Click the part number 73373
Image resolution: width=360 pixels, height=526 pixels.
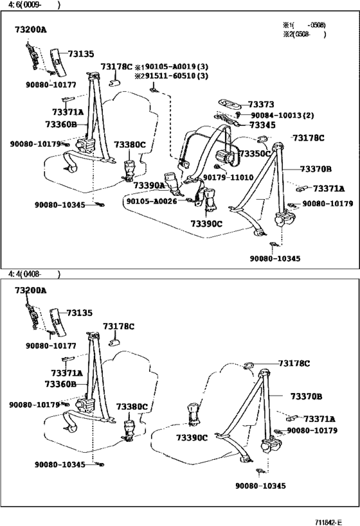[x=261, y=104]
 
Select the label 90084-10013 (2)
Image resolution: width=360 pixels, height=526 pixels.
[x=282, y=116]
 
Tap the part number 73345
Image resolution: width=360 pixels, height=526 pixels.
[x=262, y=125]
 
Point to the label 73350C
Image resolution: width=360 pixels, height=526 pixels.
[x=255, y=153]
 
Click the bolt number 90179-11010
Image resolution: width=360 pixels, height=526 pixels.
[x=228, y=177]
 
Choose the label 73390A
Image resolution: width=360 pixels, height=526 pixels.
[x=149, y=185]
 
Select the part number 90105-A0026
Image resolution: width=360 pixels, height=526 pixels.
[x=152, y=201]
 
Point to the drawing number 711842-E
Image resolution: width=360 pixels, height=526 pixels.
[x=328, y=522]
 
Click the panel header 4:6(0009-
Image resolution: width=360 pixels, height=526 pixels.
[x=33, y=5]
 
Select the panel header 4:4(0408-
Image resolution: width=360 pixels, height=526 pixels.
[x=33, y=274]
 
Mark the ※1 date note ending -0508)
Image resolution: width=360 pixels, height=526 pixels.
[x=304, y=25]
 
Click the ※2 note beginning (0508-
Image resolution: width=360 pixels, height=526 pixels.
[x=304, y=34]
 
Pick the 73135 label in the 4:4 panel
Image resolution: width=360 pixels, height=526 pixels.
[x=79, y=313]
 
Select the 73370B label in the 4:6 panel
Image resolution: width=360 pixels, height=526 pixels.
[x=316, y=169]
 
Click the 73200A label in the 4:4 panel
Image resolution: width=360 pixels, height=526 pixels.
[x=31, y=290]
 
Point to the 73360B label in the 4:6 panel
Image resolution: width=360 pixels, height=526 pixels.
[x=61, y=125]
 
